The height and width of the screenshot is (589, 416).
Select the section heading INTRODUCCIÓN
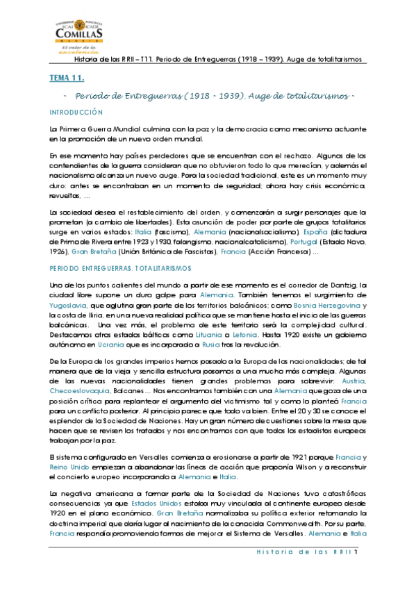[76, 112]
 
